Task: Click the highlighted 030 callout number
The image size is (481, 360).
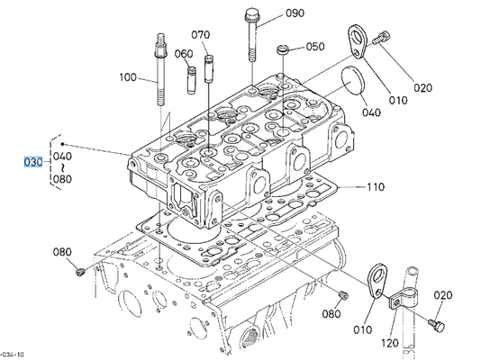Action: point(33,162)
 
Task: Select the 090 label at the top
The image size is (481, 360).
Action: point(295,13)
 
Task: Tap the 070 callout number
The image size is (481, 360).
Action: point(201,34)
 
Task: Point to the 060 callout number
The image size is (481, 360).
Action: point(184,54)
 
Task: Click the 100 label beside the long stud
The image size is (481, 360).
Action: point(128,76)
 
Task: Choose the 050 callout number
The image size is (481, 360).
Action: point(315,47)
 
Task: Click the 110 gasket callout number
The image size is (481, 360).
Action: point(376,186)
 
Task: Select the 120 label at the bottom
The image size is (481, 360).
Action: point(390,343)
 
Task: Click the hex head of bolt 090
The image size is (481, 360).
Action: point(252,14)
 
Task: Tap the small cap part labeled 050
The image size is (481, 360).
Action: point(283,49)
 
